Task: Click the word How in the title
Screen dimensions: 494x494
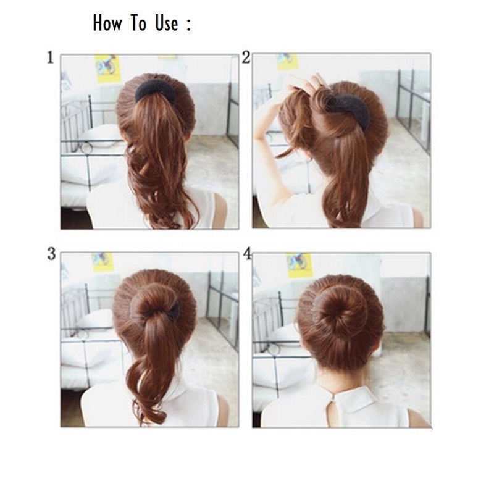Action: [x=108, y=23]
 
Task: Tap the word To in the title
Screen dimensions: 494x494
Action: [x=138, y=23]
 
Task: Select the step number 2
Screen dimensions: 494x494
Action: [x=246, y=58]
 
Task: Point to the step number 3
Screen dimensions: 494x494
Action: [x=51, y=254]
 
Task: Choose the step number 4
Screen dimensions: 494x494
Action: [x=247, y=254]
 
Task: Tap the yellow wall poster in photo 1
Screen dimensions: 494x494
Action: [x=106, y=67]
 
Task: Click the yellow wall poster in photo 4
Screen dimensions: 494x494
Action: [x=299, y=265]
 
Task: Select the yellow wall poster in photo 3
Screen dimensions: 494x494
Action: [x=103, y=262]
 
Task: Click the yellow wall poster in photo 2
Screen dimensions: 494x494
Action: [x=287, y=61]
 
